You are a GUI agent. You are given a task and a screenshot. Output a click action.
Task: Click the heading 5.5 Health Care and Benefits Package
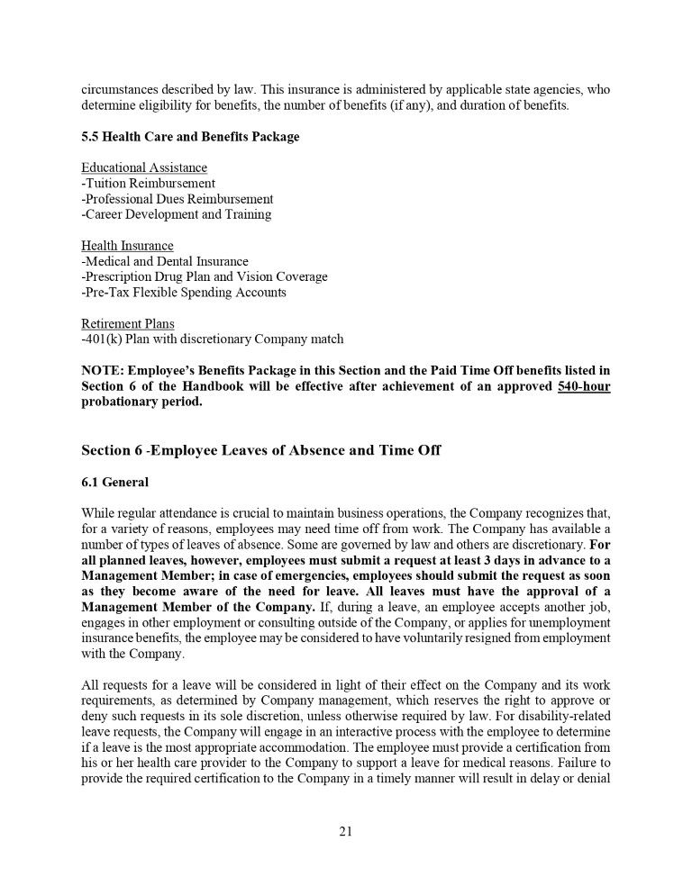pos(190,137)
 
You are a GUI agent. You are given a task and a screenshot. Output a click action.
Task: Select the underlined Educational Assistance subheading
pos(144,168)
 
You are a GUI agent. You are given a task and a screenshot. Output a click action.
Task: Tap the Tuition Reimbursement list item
pos(149,184)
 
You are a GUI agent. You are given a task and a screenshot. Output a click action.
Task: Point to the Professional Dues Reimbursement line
pos(178,199)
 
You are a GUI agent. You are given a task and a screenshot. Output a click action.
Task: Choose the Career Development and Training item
pos(177,214)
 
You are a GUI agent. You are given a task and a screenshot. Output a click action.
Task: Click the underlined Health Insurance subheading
pos(127,246)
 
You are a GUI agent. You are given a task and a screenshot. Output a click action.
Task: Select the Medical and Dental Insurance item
pos(165,261)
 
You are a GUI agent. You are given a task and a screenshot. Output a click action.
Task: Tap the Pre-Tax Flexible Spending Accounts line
pos(184,292)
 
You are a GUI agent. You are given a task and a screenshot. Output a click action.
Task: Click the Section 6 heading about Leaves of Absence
pos(261,449)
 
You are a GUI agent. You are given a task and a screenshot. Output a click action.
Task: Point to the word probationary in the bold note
pos(122,402)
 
